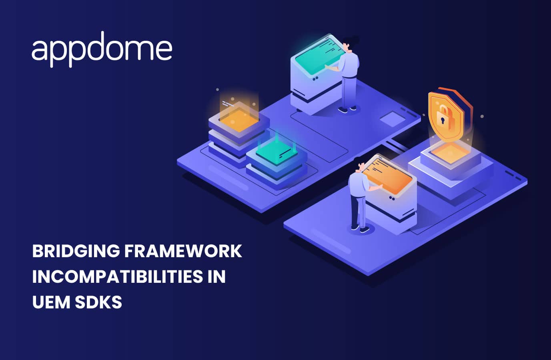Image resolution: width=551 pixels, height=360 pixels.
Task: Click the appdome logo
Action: pos(102,49)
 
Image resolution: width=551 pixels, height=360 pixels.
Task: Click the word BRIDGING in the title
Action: pos(76,251)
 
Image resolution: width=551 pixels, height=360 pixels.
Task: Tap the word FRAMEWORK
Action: pos(183,251)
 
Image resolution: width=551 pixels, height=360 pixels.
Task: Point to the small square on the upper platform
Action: pos(392,119)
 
